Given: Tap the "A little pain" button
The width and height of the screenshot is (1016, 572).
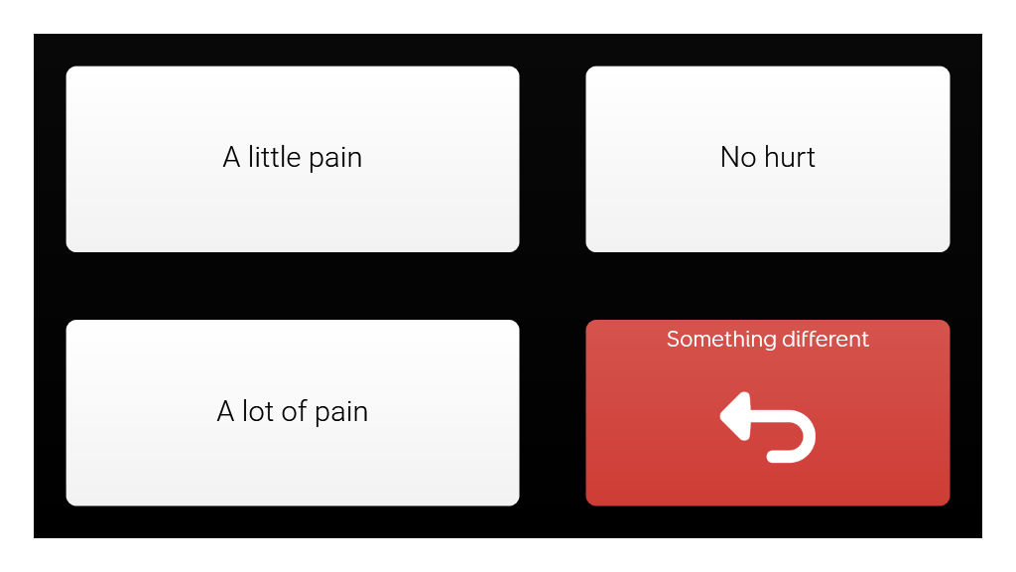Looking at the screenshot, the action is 293,159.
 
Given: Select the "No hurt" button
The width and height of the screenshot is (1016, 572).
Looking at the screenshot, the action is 768,159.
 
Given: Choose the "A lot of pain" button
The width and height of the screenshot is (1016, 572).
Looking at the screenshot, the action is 293,412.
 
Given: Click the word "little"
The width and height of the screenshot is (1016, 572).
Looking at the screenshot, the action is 274,157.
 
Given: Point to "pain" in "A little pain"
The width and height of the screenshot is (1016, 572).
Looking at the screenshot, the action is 335,159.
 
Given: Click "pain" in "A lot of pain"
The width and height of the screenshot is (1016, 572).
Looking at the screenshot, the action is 341,413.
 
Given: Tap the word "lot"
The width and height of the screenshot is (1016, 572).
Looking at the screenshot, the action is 258,411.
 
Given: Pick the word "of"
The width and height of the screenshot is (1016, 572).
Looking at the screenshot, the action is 294,411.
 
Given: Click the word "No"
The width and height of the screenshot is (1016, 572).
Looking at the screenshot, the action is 738,157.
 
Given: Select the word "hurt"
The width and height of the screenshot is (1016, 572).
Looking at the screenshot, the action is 790,157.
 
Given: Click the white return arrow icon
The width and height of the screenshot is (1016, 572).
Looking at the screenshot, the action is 768,427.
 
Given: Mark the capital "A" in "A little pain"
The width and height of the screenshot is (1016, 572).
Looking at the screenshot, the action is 231,158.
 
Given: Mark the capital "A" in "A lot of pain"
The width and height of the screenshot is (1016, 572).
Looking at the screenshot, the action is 225,412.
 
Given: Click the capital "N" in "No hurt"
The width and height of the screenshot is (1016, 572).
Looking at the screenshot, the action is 729,157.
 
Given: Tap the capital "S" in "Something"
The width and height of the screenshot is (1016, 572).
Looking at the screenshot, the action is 674,340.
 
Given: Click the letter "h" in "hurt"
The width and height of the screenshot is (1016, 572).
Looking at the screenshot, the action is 771,157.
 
